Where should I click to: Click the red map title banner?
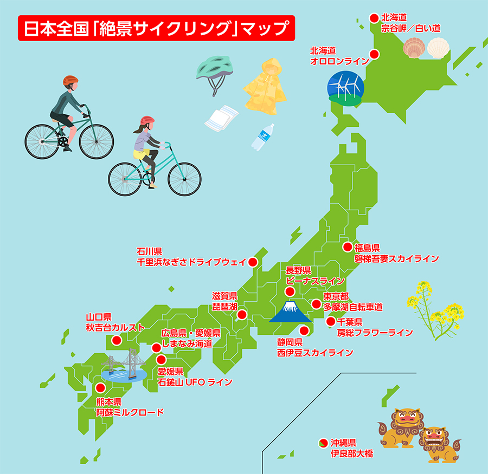(156, 28)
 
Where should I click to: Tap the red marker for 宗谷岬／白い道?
(374, 18)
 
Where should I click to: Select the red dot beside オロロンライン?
(374, 54)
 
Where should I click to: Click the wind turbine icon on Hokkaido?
(344, 86)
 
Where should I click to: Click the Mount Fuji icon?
(291, 311)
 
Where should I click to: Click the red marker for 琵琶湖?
(242, 314)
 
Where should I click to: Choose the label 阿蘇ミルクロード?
(129, 412)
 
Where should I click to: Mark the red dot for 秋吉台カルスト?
(116, 340)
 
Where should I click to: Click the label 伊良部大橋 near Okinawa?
(352, 453)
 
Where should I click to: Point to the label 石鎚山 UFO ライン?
(195, 382)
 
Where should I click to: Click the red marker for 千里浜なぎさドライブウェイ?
(252, 262)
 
